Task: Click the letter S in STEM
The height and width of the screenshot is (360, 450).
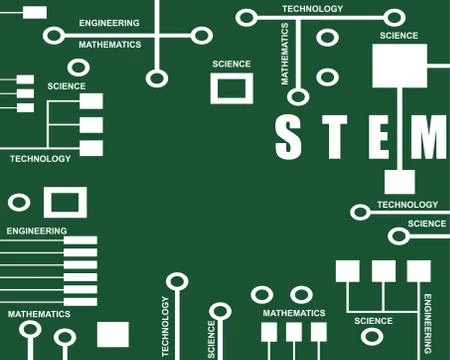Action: tap(288, 137)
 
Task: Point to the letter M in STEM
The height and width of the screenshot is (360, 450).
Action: tap(430, 137)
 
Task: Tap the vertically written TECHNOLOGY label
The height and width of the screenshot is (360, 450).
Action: tap(165, 326)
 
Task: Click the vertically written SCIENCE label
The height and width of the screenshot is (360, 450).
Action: tap(211, 339)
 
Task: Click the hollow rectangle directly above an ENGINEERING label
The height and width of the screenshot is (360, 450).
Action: tap(65, 202)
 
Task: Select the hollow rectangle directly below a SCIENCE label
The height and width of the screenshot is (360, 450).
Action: tap(231, 87)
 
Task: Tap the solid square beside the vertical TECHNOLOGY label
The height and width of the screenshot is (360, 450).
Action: tap(113, 333)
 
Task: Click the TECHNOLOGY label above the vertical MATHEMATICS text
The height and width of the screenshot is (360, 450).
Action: tap(312, 8)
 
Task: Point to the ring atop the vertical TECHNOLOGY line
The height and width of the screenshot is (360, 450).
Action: tap(177, 281)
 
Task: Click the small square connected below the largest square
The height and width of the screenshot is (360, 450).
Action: tap(399, 182)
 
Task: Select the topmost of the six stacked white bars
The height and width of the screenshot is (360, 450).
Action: tap(80, 241)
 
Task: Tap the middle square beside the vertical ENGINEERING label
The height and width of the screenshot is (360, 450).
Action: tap(383, 270)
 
